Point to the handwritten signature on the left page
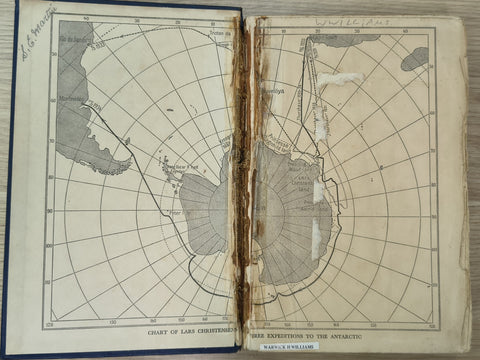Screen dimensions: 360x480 (x=38, y=31)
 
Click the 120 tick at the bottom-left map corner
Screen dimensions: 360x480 (x=49, y=325)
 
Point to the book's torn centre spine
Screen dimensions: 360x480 (x=243, y=180)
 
